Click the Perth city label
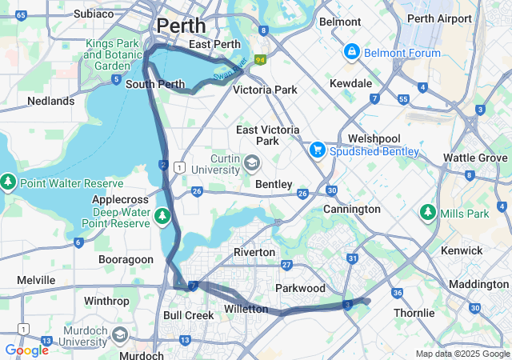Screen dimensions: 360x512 [181, 26]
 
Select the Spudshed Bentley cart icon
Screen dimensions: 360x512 [318, 150]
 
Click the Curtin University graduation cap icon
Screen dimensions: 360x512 [251, 164]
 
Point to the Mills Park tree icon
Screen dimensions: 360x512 [428, 214]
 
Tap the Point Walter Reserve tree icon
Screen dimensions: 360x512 [9, 183]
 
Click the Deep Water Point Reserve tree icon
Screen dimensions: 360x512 [162, 215]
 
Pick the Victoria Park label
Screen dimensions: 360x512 [265, 90]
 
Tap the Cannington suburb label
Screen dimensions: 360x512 [351, 210]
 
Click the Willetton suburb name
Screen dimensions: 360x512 [246, 309]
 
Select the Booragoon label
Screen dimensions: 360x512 [125, 260]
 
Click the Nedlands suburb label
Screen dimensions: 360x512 [50, 102]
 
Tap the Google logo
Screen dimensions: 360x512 [26, 350]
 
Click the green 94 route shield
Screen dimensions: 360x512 [260, 59]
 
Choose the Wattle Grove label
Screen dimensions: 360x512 [475, 158]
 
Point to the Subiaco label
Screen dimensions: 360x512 [94, 14]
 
